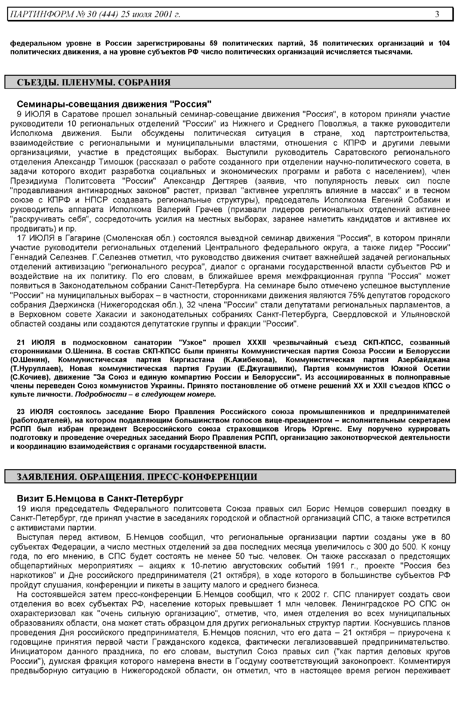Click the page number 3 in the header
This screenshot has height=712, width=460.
(x=437, y=14)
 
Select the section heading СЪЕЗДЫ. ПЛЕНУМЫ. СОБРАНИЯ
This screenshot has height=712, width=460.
(x=94, y=82)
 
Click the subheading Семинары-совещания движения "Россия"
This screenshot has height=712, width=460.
(x=114, y=104)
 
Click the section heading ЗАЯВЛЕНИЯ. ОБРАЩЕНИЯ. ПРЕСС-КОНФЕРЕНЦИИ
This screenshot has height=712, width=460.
(x=137, y=477)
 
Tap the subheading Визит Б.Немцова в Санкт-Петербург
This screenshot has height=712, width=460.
(x=100, y=499)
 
